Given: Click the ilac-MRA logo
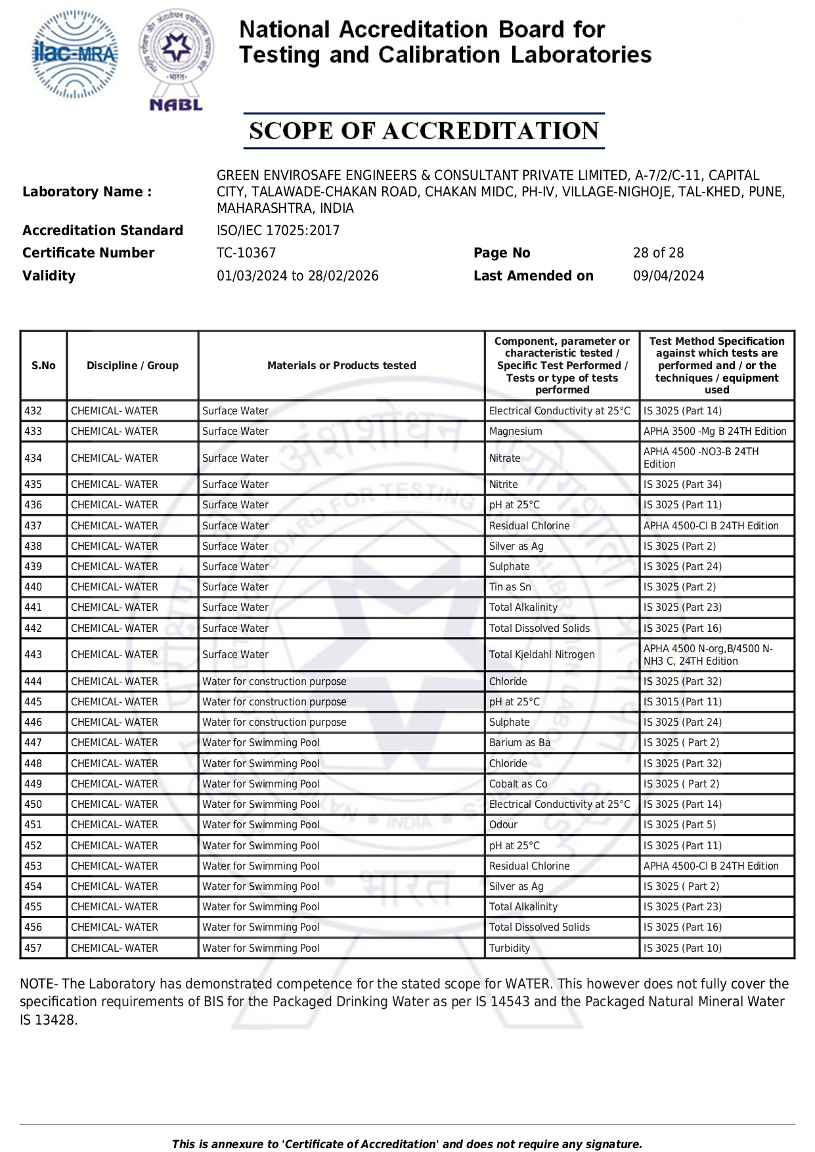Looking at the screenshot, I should coord(75,54).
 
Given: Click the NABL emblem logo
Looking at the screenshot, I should coord(176,59).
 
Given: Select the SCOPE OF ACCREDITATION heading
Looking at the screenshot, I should coord(424,131).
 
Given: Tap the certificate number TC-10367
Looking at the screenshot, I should coord(246,253).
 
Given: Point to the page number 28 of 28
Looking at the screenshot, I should coord(658,253).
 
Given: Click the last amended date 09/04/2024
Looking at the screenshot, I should coord(668,276).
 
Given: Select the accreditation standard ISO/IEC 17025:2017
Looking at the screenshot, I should coord(278,231).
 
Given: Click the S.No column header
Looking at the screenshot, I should coord(43,366).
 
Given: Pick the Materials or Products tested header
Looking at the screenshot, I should coord(341,366).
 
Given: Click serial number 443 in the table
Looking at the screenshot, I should coord(33,655).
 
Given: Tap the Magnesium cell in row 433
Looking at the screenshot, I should coord(516,432).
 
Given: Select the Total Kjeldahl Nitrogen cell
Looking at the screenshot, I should coord(542,655).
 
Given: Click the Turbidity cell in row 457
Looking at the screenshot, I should coord(510,948).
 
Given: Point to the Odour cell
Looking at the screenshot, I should coord(503,825).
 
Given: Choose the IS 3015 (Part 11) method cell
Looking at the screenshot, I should coord(682,702).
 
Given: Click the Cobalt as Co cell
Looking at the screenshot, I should coord(518,784).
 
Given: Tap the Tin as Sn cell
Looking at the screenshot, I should coord(510,587).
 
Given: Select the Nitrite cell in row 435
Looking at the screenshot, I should coord(503,485).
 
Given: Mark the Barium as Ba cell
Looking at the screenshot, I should coord(519,743).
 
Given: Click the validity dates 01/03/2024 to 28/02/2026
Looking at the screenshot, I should coord(297,276).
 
